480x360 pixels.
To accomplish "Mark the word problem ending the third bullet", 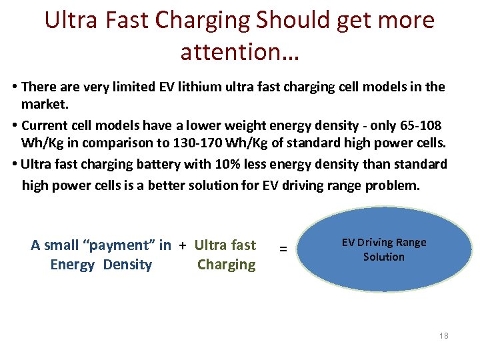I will pyautogui.click(x=393, y=185).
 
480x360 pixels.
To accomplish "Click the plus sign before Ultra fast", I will pyautogui.click(x=182, y=245).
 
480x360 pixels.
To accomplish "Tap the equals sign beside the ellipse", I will pyautogui.click(x=283, y=249).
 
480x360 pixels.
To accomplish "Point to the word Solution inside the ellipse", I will pyautogui.click(x=383, y=257).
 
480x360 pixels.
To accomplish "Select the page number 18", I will pyautogui.click(x=444, y=335).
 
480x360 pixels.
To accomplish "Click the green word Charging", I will pyautogui.click(x=226, y=265).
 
